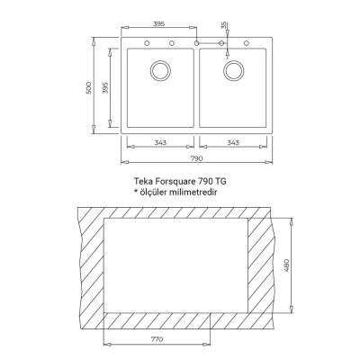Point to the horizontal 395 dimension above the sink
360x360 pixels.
(x=159, y=22)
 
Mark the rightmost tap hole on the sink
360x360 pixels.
(x=247, y=42)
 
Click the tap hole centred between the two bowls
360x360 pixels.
(x=196, y=42)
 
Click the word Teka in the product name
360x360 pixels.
(x=141, y=181)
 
